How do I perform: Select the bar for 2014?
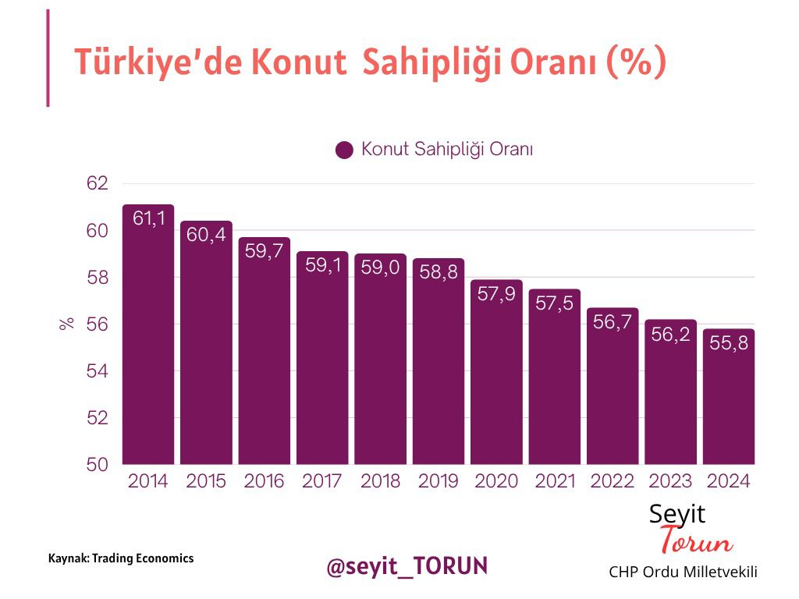pyautogui.click(x=148, y=335)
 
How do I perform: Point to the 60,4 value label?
pyautogui.click(x=206, y=234)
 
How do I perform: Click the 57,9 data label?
pyautogui.click(x=496, y=293)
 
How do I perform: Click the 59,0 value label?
pyautogui.click(x=380, y=267)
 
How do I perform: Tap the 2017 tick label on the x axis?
pyautogui.click(x=322, y=481)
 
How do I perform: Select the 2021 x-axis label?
pyautogui.click(x=554, y=481)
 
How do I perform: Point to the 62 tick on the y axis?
pyautogui.click(x=97, y=184)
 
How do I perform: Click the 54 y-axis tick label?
pyautogui.click(x=97, y=372)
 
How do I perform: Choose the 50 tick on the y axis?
pyautogui.click(x=97, y=465)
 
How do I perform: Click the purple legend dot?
pyautogui.click(x=344, y=150)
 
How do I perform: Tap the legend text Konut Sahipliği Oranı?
pyautogui.click(x=446, y=150)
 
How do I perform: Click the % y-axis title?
pyautogui.click(x=67, y=324)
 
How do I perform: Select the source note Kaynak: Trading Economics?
pyautogui.click(x=121, y=558)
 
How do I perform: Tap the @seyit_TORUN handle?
pyautogui.click(x=407, y=565)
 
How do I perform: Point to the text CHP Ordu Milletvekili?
pyautogui.click(x=683, y=572)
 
